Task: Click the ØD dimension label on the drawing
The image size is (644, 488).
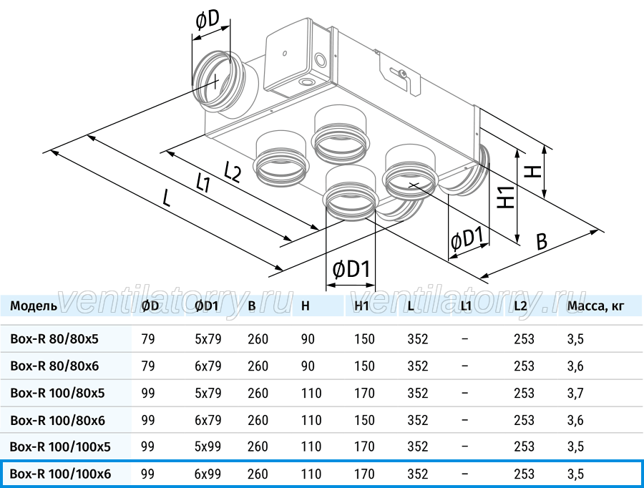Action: pyautogui.click(x=208, y=20)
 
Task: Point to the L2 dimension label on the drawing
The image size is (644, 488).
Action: pyautogui.click(x=232, y=171)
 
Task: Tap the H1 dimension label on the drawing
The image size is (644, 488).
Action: pyautogui.click(x=507, y=197)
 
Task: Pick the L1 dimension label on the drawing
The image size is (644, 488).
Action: pyautogui.click(x=203, y=182)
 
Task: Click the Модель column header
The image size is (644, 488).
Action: pyautogui.click(x=34, y=306)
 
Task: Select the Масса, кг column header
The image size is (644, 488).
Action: pyautogui.click(x=596, y=306)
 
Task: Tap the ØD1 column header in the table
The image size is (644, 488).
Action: pyautogui.click(x=206, y=306)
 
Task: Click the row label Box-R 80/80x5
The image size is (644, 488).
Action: pyautogui.click(x=54, y=339)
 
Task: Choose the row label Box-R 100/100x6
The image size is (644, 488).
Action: pyautogui.click(x=60, y=474)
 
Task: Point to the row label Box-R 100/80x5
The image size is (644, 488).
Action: pyautogui.click(x=57, y=393)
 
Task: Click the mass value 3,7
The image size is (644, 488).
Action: pyautogui.click(x=575, y=393)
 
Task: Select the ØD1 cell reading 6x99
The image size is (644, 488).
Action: pyautogui.click(x=208, y=474)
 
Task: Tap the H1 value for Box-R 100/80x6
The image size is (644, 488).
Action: pyautogui.click(x=365, y=420)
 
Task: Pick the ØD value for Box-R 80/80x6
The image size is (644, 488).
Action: pyautogui.click(x=148, y=366)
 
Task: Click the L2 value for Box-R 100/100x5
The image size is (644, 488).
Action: pyautogui.click(x=524, y=446)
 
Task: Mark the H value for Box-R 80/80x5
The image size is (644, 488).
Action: pyautogui.click(x=308, y=339)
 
